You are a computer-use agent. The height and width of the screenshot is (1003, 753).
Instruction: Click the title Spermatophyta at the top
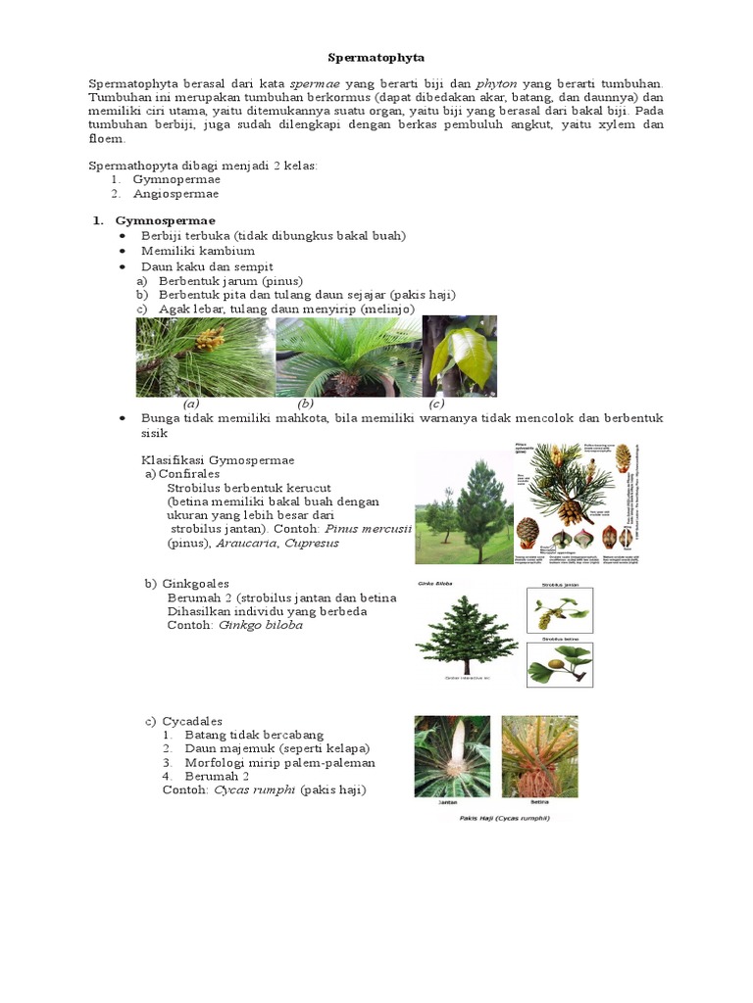[x=376, y=59]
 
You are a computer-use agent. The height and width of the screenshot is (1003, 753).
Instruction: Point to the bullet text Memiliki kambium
[x=198, y=251]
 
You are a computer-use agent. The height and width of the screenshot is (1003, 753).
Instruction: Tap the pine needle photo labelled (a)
[x=204, y=356]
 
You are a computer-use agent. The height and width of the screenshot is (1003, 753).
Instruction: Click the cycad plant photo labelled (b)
[x=348, y=356]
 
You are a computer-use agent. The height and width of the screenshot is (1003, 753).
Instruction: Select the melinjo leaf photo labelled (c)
[x=459, y=356]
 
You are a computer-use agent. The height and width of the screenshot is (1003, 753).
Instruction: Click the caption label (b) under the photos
[x=306, y=403]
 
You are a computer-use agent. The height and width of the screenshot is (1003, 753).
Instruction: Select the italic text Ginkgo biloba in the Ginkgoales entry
[x=261, y=625]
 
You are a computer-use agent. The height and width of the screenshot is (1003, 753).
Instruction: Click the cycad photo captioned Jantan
[x=452, y=756]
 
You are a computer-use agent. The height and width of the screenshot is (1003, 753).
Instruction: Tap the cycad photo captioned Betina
[x=539, y=756]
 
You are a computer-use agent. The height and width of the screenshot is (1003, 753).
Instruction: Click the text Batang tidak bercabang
[x=254, y=734]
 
